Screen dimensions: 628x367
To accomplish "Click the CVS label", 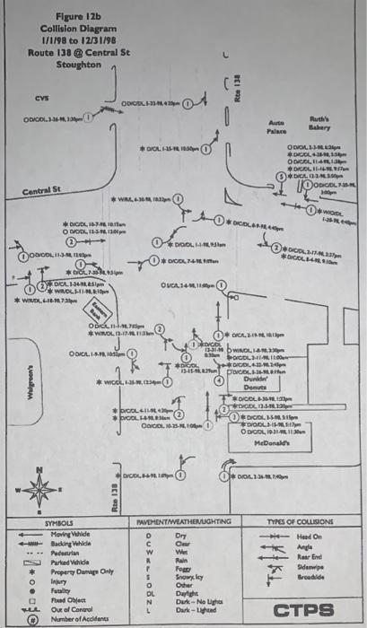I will point(42,98).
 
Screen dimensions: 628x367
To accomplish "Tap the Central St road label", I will point(42,190).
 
